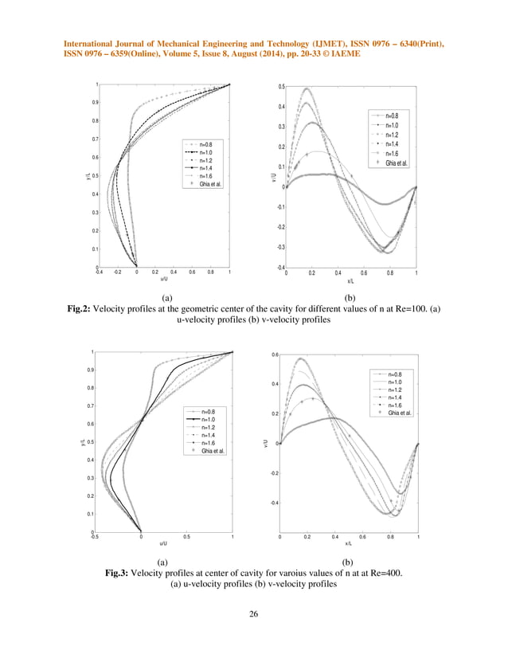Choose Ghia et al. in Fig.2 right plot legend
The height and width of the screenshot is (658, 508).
coord(397,163)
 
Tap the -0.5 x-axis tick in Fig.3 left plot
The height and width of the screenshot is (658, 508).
coord(96,538)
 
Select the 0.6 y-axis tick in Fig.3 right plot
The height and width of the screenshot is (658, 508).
coord(275,354)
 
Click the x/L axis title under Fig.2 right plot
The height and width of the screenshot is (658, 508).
coord(351,280)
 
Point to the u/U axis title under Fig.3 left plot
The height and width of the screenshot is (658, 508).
coord(163,543)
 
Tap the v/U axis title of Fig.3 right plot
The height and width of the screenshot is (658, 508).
coord(270,444)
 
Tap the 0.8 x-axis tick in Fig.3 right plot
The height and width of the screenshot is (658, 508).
coord(390,538)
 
